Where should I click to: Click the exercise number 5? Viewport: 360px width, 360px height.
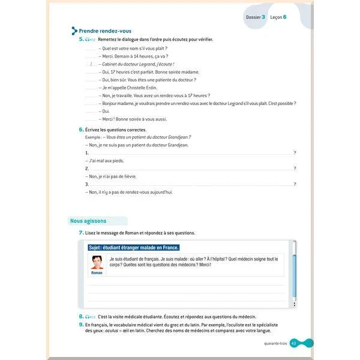[82, 40]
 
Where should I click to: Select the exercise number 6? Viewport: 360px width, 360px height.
[82, 130]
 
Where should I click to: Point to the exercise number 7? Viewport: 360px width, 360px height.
[82, 233]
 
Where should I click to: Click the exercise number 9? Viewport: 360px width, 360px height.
[82, 324]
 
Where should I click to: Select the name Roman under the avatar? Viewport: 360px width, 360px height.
[96, 272]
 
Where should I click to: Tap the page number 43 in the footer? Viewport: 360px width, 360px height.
[293, 343]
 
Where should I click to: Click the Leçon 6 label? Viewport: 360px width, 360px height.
[278, 17]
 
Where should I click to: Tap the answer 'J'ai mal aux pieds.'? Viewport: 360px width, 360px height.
[106, 161]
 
